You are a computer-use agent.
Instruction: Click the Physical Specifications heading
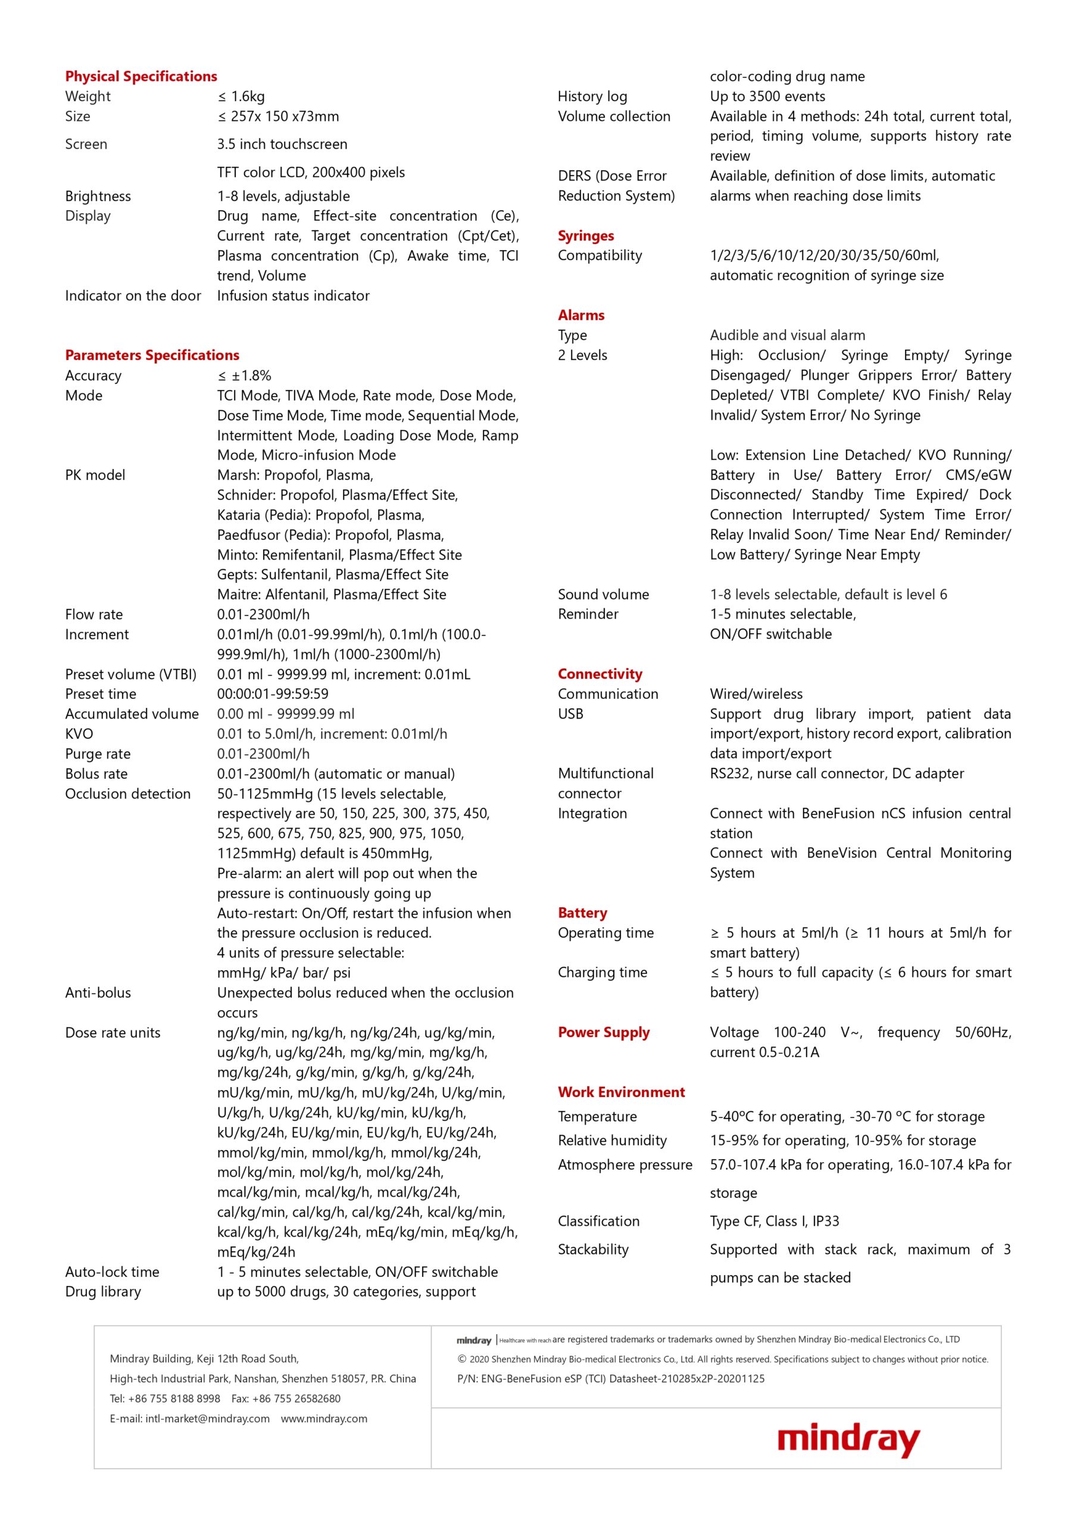[x=141, y=76]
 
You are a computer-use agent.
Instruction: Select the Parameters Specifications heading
[x=152, y=355]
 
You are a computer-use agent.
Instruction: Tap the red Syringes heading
[x=586, y=236]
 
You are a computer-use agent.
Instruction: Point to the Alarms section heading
[x=581, y=316]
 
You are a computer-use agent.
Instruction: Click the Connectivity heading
[x=600, y=674]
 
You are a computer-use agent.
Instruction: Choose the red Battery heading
[x=582, y=913]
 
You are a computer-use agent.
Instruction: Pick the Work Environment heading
[x=621, y=1092]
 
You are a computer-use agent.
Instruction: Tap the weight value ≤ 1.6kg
[x=241, y=96]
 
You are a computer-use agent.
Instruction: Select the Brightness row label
[x=98, y=196]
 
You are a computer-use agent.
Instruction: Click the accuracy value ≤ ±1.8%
[x=244, y=376]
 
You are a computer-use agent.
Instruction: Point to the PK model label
[x=95, y=474]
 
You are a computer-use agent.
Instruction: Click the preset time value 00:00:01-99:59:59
[x=272, y=694]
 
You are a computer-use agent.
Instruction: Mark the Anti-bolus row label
[x=98, y=992]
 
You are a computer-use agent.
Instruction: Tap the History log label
[x=592, y=96]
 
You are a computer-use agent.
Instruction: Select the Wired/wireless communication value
[x=756, y=694]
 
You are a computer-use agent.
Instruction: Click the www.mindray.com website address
[x=324, y=1419]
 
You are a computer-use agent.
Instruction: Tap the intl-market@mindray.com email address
[x=207, y=1419]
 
